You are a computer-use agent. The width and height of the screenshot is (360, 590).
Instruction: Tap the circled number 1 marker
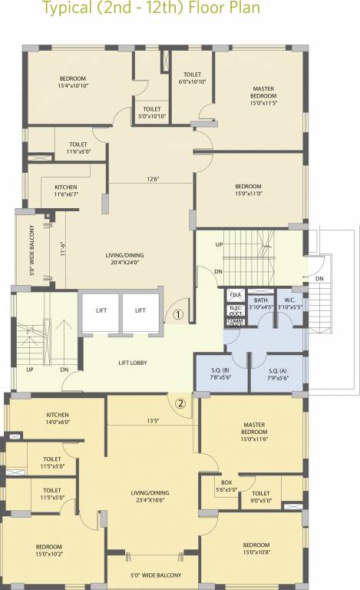pos(178,314)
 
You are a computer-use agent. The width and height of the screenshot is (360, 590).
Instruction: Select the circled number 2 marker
pos(181,403)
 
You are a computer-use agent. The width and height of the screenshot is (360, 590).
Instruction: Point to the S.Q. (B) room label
pos(221,374)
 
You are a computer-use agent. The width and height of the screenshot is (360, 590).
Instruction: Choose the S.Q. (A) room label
pos(278,374)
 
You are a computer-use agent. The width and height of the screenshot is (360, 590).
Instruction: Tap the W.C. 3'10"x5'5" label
pos(289,303)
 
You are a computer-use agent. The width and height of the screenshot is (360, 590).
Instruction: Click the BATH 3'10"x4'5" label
pos(261,303)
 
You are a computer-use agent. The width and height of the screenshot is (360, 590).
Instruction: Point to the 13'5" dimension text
pos(153,421)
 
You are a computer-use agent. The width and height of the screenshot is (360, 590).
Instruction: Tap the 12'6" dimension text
pos(154,180)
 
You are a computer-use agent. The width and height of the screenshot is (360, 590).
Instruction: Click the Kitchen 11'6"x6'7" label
pos(65,191)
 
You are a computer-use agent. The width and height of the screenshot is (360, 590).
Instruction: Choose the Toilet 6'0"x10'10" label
pos(192,78)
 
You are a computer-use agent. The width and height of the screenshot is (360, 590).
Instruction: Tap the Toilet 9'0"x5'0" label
pos(261,497)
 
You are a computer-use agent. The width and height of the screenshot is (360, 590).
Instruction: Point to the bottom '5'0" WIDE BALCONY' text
pos(151,575)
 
